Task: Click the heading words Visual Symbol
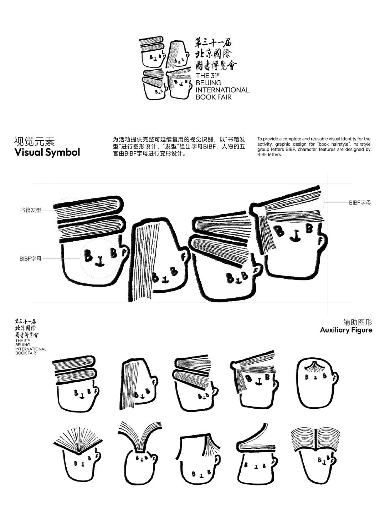pos(47,152)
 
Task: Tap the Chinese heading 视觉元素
pos(34,142)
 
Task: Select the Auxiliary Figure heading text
pos(346,330)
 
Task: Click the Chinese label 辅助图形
pos(358,322)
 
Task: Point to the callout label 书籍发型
pos(31,210)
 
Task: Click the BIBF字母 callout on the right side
pos(360,202)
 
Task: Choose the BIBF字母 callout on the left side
pos(30,258)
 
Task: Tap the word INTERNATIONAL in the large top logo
pos(222,90)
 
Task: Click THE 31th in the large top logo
pos(208,76)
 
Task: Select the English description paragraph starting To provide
pos(314,147)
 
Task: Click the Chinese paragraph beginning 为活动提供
pos(179,146)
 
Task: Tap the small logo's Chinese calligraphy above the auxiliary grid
pos(27,328)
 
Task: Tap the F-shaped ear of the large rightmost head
pos(320,241)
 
